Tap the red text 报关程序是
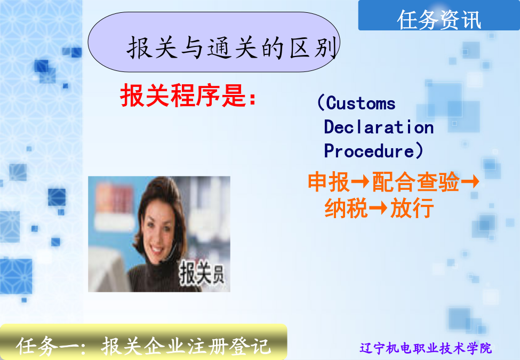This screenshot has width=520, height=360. (x=183, y=95)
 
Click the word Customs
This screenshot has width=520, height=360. (x=361, y=103)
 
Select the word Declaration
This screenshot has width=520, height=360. (x=379, y=127)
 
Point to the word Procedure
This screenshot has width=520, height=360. (x=369, y=151)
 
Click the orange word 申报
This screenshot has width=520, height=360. (x=329, y=182)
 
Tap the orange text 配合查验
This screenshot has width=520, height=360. (x=416, y=182)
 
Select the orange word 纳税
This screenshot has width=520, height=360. (x=346, y=208)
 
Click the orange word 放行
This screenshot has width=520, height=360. (x=412, y=208)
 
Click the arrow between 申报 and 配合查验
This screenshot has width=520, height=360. (x=361, y=182)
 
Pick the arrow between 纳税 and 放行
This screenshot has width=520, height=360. (x=378, y=208)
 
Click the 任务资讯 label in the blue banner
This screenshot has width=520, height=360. (x=439, y=20)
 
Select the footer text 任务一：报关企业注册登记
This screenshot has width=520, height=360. (x=143, y=346)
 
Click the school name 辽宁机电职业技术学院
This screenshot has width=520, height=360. (x=426, y=348)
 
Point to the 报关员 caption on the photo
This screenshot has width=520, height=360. (x=202, y=273)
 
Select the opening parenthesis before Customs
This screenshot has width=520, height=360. (x=321, y=102)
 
